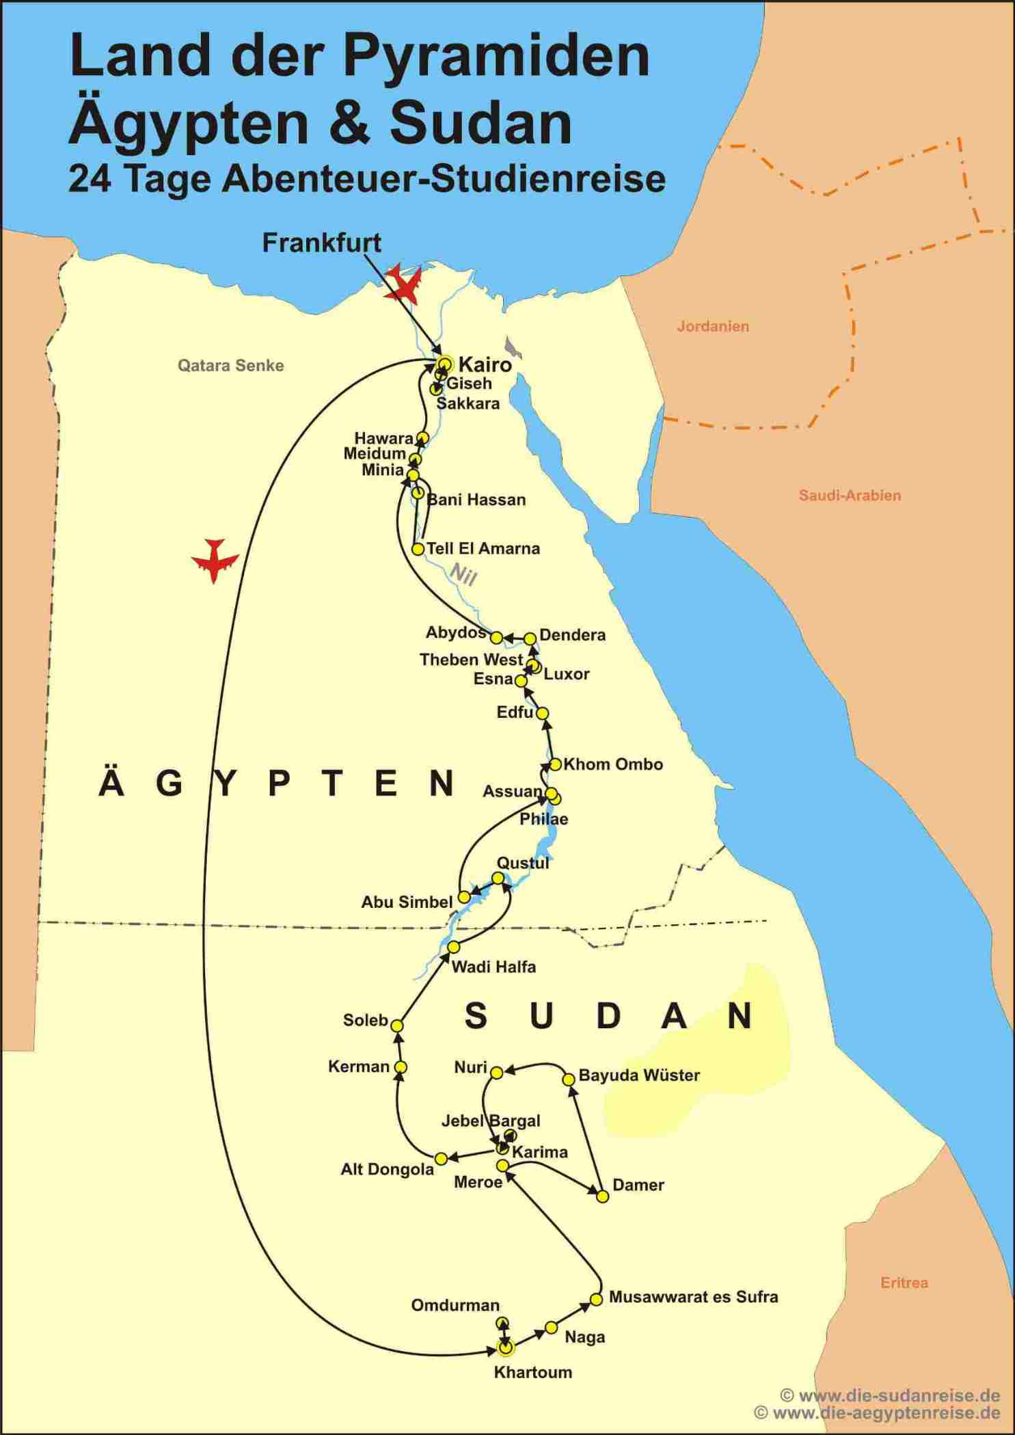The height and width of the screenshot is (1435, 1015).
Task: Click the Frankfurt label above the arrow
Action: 321,243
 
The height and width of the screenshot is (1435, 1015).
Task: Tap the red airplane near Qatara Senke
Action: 215,559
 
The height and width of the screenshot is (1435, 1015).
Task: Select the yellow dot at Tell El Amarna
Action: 418,549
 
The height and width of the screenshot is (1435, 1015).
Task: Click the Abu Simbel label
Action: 407,902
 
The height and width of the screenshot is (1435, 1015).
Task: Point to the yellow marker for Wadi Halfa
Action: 453,947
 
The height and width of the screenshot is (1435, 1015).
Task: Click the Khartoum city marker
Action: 505,1347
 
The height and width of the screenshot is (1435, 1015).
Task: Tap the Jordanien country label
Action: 713,327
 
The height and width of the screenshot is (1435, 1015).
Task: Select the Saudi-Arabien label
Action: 850,496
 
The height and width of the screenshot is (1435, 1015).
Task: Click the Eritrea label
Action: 904,1283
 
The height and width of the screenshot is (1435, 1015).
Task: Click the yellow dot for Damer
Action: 602,1196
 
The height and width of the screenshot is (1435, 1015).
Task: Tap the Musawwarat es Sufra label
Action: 693,1297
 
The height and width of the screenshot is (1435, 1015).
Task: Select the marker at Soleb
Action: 396,1025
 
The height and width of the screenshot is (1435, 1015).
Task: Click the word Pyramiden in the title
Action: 496,56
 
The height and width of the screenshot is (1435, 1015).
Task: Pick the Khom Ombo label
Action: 613,764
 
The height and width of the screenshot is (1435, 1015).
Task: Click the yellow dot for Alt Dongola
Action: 442,1158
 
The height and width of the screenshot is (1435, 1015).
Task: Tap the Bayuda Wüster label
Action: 639,1075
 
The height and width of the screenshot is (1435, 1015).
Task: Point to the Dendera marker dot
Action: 530,639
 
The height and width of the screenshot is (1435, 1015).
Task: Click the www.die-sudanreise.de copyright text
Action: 891,1395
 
